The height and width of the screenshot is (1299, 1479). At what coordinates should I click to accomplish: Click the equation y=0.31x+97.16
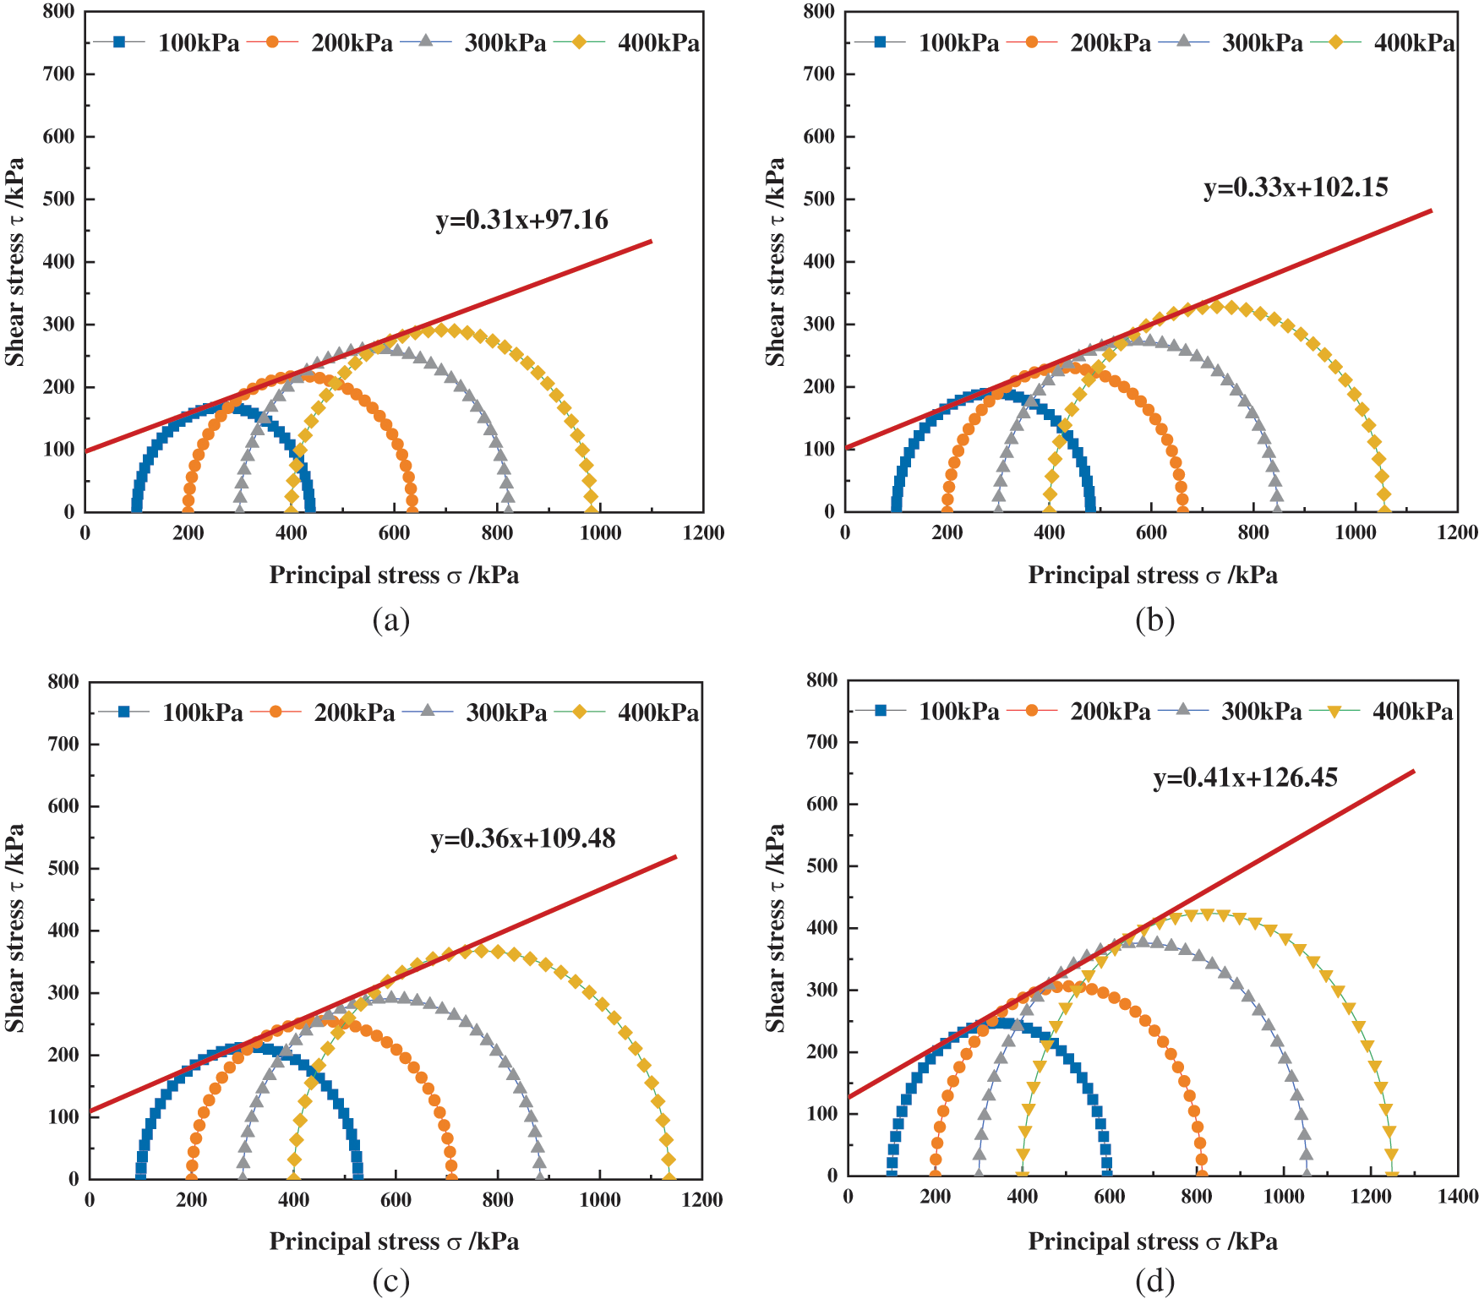[x=521, y=220]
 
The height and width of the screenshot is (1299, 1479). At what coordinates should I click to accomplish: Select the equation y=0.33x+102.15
[x=1296, y=187]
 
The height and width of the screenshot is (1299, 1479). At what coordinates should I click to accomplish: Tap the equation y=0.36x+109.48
[x=523, y=838]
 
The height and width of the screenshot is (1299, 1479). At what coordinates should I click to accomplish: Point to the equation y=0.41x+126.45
[x=1245, y=778]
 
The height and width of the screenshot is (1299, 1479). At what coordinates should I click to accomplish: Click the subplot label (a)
[x=390, y=620]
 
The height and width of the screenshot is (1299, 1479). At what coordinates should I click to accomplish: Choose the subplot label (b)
[x=1154, y=620]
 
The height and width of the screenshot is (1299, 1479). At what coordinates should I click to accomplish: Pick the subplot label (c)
[x=390, y=1281]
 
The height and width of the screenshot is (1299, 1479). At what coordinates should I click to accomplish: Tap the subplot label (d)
[x=1154, y=1281]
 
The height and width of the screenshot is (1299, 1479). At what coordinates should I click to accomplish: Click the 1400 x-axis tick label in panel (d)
[x=1457, y=1197]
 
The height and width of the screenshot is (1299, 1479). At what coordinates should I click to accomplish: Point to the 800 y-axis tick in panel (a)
[x=58, y=12]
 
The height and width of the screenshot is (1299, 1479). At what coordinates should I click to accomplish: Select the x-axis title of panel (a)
[x=394, y=576]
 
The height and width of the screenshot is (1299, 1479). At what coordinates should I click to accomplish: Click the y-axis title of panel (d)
[x=775, y=927]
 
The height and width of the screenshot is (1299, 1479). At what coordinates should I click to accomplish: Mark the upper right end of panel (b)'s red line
[x=1431, y=210]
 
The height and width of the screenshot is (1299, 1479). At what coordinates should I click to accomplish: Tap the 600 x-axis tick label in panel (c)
[x=396, y=1200]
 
